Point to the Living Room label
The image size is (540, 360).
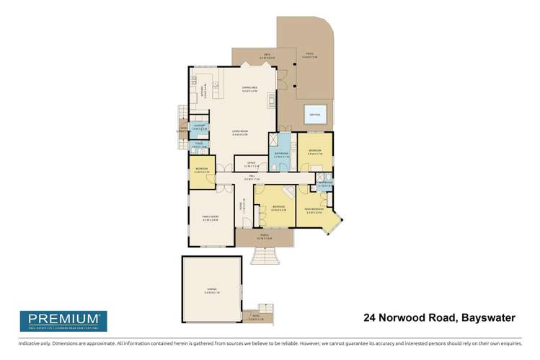tap(239, 133)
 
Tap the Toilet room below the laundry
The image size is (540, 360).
tap(200, 146)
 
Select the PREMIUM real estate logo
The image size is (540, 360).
tap(63, 320)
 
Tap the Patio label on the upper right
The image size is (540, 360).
tap(311, 56)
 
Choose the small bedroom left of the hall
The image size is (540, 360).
tap(201, 172)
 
